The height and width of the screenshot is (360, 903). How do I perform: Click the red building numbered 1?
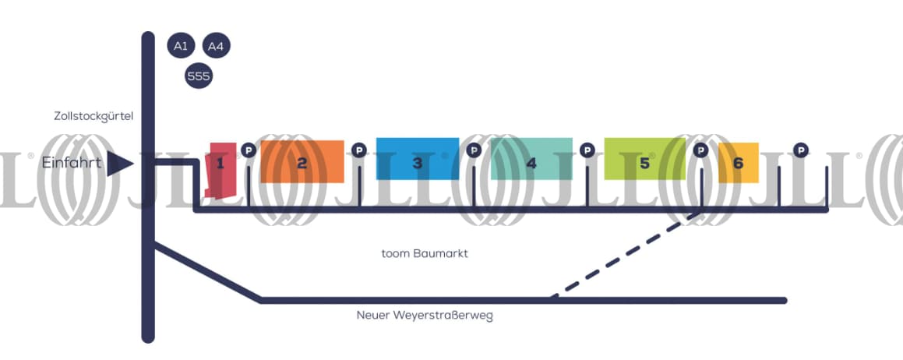coord(221,171)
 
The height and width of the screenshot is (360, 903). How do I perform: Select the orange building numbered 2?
coord(302,161)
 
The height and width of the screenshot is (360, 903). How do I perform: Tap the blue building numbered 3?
coord(418,159)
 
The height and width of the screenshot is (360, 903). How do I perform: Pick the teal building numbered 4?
coord(531,159)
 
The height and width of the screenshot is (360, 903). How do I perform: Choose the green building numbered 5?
coord(644,159)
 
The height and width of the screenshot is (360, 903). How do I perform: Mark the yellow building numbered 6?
coord(739,163)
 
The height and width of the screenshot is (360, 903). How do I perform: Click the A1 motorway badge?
coord(181,45)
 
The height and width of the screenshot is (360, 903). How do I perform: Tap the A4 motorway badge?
coord(216,45)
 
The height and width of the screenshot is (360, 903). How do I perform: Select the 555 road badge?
coord(199,76)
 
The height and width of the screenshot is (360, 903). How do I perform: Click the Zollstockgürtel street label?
coord(93,116)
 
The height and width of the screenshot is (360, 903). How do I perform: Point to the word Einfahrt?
coord(72,163)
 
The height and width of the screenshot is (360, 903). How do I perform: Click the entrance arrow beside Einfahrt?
coord(120,164)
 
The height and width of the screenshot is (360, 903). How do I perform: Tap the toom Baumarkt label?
coord(425,253)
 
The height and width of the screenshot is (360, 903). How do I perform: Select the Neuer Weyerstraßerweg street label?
coord(425,316)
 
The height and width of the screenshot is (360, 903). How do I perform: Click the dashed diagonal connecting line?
coord(626,256)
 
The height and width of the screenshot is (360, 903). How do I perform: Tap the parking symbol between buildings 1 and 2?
coord(248,150)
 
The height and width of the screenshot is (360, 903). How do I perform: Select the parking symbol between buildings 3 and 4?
coord(474,150)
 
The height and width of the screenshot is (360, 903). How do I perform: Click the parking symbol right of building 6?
coord(800,150)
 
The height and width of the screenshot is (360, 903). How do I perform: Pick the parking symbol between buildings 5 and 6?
coord(700,150)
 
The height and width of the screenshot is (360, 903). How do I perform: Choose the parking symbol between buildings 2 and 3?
coord(358,150)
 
